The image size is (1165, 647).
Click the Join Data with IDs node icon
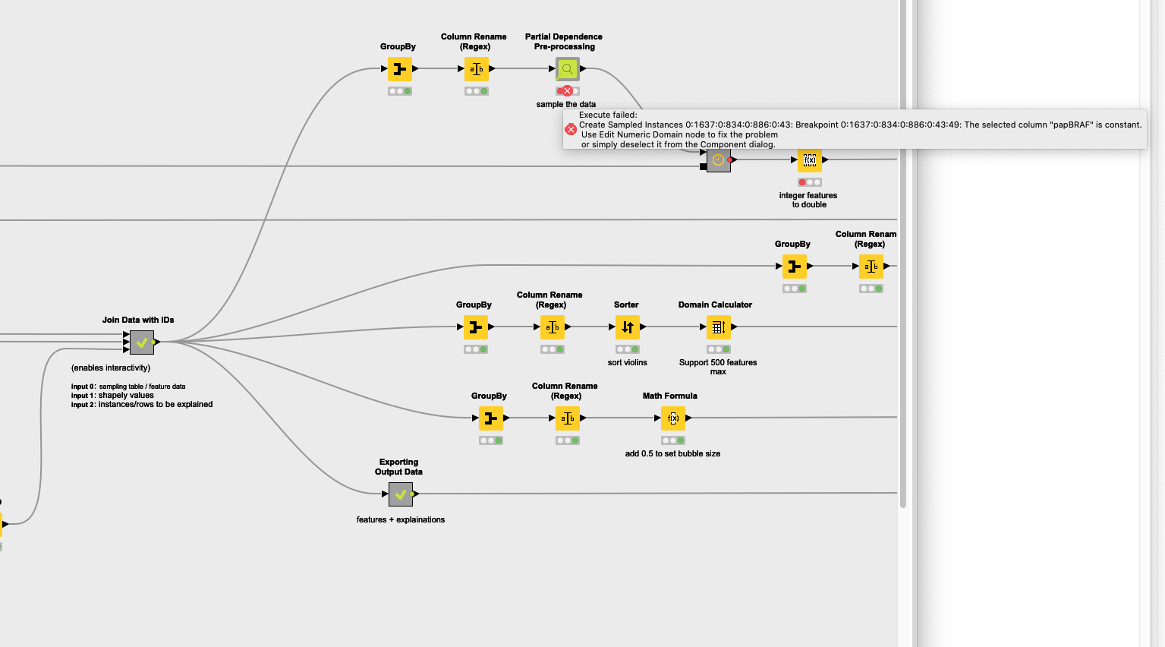(142, 342)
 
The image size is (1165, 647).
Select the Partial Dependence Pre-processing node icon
(567, 69)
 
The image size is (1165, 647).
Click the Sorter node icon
(628, 327)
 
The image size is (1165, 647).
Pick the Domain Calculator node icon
(718, 327)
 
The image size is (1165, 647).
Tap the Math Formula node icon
(673, 418)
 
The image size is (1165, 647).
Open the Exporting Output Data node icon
(400, 494)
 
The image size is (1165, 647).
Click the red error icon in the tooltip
(571, 130)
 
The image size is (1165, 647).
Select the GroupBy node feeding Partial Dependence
(400, 69)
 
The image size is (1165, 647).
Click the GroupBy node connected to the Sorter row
(476, 327)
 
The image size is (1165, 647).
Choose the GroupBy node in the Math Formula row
(491, 418)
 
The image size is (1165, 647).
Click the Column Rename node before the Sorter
(552, 327)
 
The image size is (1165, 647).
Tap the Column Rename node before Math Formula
(567, 418)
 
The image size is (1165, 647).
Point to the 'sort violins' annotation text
(627, 363)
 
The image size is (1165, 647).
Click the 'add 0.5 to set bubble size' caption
(672, 454)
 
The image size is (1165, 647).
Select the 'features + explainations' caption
(400, 520)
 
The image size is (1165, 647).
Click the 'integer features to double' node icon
(810, 160)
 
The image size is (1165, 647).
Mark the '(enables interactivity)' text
(111, 368)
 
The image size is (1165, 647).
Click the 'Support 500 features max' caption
(717, 367)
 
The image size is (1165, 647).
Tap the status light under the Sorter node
(628, 349)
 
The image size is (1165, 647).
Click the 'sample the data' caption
(565, 105)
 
